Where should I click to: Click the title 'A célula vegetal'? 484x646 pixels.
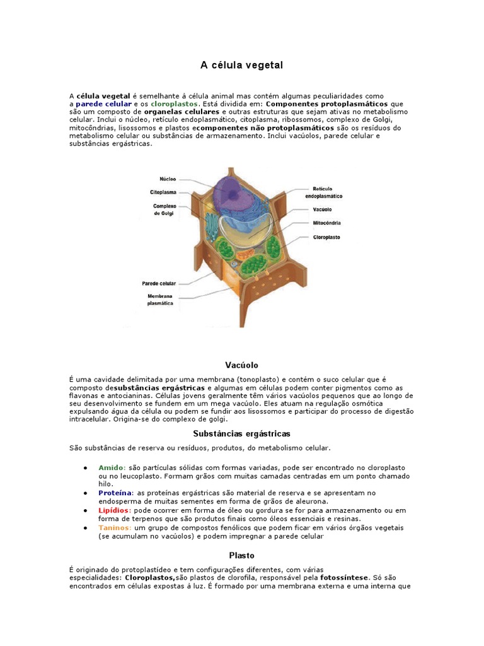pyautogui.click(x=241, y=65)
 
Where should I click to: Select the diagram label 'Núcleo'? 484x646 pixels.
pyautogui.click(x=168, y=179)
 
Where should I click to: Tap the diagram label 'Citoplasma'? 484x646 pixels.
pyautogui.click(x=163, y=192)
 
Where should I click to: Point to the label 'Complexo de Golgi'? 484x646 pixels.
pyautogui.click(x=164, y=209)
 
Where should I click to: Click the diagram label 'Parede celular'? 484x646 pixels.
pyautogui.click(x=159, y=283)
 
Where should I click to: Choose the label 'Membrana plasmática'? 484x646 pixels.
pyautogui.click(x=160, y=299)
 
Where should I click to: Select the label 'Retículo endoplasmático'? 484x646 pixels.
pyautogui.click(x=328, y=192)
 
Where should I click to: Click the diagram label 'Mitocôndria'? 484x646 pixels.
pyautogui.click(x=327, y=223)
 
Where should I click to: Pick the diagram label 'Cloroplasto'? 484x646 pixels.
pyautogui.click(x=326, y=237)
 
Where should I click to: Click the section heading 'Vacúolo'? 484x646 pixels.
pyautogui.click(x=241, y=365)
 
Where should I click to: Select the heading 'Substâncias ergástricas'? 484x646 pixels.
pyautogui.click(x=241, y=433)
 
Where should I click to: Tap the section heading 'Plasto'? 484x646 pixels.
pyautogui.click(x=241, y=556)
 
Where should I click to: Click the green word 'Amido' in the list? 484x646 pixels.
pyautogui.click(x=112, y=467)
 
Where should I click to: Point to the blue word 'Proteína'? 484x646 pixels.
pyautogui.click(x=115, y=492)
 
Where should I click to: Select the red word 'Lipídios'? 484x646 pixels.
pyautogui.click(x=114, y=510)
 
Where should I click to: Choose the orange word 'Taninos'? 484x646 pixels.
pyautogui.click(x=114, y=527)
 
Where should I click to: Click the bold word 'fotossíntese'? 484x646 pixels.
pyautogui.click(x=344, y=577)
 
